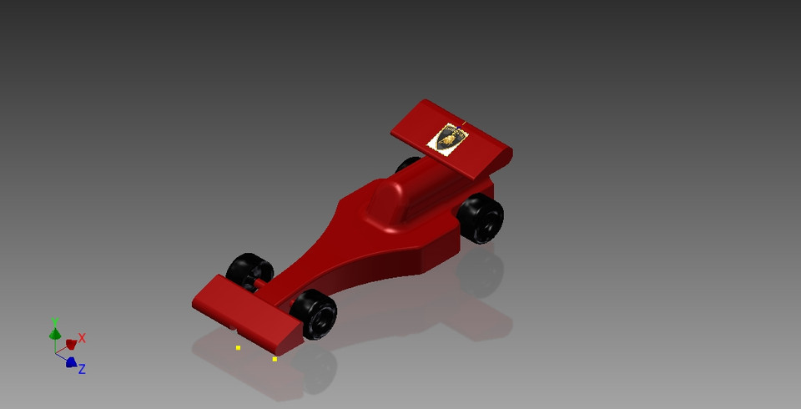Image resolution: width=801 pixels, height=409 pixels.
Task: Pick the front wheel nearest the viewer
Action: coord(314,314)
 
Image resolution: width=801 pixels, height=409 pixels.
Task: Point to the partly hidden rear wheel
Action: coord(407,164)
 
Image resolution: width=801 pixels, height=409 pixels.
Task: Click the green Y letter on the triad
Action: coord(54,321)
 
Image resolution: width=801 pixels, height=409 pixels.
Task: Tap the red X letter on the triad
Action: coord(82,338)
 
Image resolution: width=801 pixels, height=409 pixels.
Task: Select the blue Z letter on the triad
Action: coord(82,368)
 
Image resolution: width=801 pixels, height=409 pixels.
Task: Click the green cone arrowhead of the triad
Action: coord(54,334)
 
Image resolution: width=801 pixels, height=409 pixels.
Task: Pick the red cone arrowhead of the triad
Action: coord(71,344)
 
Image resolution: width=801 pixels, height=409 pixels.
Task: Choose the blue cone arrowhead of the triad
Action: coord(71,362)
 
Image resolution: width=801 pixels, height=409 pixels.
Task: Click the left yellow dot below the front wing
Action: coord(238,347)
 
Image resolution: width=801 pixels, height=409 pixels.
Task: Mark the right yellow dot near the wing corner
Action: coord(275,359)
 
